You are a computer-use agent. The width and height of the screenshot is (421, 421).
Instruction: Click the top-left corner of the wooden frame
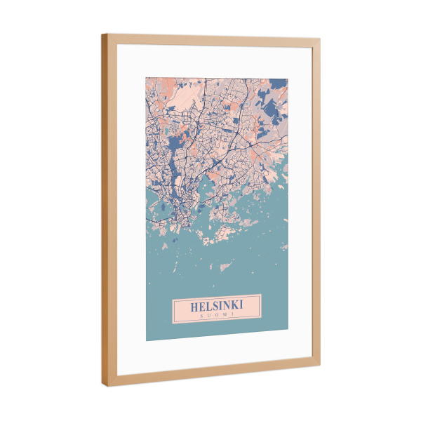(x=102, y=34)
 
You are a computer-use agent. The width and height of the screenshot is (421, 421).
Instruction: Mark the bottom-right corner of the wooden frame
(x=320, y=362)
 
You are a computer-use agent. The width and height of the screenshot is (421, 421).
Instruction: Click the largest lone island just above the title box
(x=226, y=266)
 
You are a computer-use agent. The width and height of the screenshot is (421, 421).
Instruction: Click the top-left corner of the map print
(x=146, y=77)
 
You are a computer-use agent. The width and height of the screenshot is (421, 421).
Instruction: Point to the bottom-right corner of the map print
(x=288, y=328)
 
